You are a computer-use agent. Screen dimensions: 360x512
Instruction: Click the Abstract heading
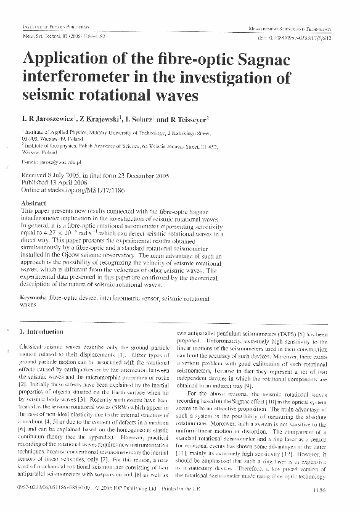[x=34, y=203]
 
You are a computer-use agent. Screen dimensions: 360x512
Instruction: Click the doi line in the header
[x=293, y=36]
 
